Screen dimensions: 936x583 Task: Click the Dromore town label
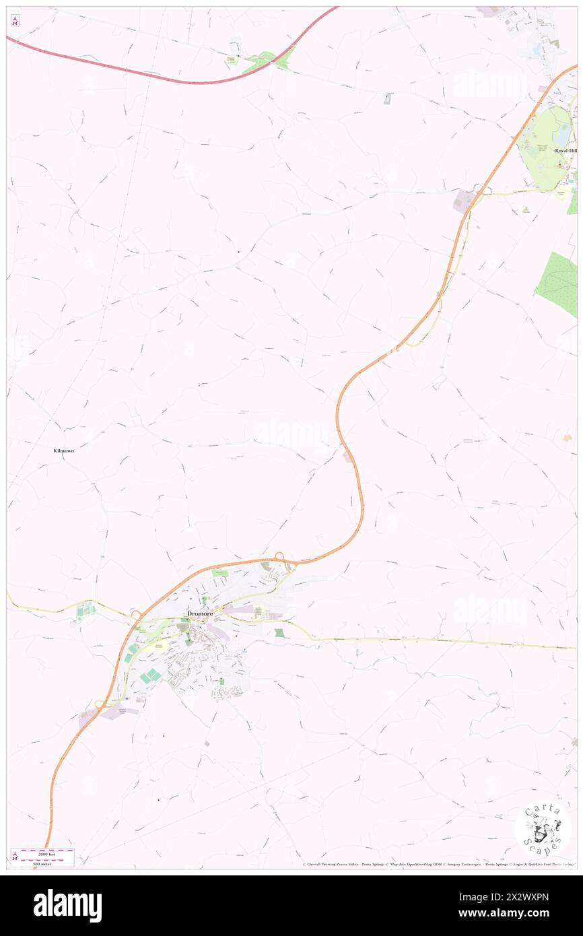click(200, 614)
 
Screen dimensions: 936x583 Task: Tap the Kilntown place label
click(64, 450)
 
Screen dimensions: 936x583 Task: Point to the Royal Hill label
click(565, 151)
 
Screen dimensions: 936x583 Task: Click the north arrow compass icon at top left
click(15, 21)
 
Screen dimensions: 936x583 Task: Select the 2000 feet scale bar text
click(46, 852)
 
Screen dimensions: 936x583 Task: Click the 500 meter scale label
click(46, 863)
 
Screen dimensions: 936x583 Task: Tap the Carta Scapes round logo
click(542, 829)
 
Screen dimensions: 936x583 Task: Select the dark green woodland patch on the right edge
click(559, 283)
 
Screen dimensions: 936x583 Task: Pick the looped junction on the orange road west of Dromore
click(135, 614)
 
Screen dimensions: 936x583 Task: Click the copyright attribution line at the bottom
click(438, 865)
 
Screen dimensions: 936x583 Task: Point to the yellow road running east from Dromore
click(438, 641)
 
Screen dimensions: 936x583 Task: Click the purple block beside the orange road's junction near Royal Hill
click(464, 200)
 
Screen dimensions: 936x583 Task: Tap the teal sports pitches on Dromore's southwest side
click(151, 674)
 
